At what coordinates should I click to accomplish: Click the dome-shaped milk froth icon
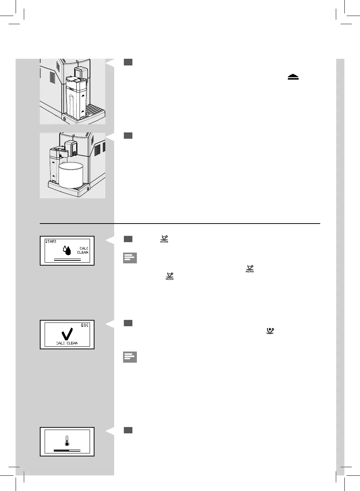click(293, 77)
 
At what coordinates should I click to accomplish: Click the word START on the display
click(51, 241)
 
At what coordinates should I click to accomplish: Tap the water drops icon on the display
click(67, 250)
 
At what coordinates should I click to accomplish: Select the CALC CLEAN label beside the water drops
click(83, 250)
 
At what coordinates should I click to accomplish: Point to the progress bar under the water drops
click(67, 259)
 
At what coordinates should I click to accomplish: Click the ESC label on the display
click(85, 325)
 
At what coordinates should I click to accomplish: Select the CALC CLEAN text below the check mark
click(67, 343)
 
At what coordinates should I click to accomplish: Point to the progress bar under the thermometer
click(67, 450)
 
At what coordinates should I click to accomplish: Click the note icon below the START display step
click(130, 258)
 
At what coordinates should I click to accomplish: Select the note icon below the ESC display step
click(130, 357)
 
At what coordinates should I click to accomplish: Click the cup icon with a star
click(270, 330)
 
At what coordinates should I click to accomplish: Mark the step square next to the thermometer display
click(128, 430)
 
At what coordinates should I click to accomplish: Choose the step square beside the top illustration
click(128, 62)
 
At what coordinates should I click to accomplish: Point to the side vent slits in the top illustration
click(52, 77)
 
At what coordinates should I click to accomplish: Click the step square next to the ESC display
click(128, 323)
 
